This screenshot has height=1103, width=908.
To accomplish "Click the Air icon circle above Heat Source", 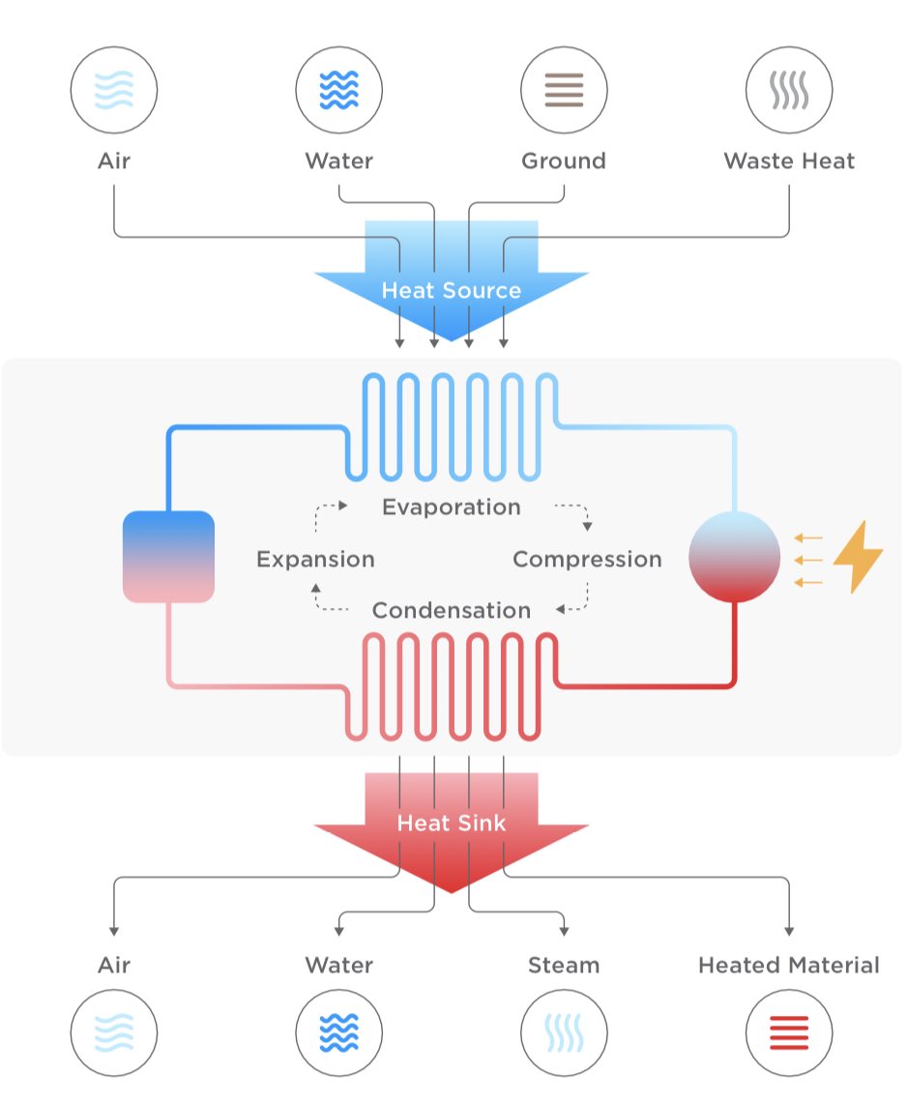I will click(x=114, y=90).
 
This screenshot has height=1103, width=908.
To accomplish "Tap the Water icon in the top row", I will click(x=338, y=90).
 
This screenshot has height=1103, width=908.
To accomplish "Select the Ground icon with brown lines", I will click(x=564, y=90).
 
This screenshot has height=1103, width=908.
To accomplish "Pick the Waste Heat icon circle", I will click(x=789, y=90).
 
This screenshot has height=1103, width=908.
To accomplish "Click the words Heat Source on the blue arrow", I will click(x=451, y=290).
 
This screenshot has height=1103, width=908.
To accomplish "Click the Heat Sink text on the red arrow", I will click(x=451, y=823).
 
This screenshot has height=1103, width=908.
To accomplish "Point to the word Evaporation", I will click(x=451, y=507).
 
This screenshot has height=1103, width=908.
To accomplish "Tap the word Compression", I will click(x=587, y=559).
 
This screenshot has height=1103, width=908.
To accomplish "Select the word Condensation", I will click(x=451, y=610).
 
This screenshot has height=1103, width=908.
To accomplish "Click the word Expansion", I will click(x=315, y=559).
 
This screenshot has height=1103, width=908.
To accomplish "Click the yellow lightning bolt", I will click(x=857, y=559).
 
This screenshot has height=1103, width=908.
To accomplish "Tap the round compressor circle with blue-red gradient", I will click(x=734, y=558).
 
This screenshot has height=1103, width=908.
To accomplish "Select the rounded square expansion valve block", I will click(x=168, y=557).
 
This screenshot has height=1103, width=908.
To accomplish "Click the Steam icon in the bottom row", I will click(x=564, y=1032).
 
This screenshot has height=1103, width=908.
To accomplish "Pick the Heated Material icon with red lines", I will click(x=789, y=1032).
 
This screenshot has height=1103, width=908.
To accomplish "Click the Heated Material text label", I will click(x=789, y=965).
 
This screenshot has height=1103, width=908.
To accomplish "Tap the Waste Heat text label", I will click(x=789, y=160).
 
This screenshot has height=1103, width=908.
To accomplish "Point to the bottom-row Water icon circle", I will click(x=338, y=1032).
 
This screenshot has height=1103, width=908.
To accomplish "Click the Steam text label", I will click(x=564, y=965).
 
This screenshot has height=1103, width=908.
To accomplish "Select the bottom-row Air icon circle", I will click(x=114, y=1032).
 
